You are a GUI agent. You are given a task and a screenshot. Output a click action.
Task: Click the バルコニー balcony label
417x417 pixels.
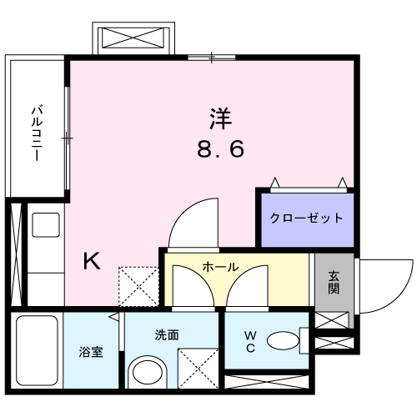[x=37, y=133]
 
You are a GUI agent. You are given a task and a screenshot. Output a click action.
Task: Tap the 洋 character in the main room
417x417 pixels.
[x=220, y=118]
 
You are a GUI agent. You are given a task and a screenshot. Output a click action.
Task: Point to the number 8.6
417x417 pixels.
[x=221, y=148]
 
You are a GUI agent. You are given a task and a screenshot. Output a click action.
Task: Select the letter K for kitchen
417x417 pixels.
[x=92, y=261]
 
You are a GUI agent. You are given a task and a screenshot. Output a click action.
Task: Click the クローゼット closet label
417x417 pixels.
[x=306, y=218]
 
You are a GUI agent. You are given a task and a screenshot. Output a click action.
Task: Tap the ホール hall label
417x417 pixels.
[x=220, y=267]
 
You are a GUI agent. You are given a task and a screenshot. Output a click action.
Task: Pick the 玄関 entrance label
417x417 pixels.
[x=334, y=283]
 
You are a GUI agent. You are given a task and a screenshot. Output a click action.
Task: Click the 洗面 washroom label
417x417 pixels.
[x=167, y=335]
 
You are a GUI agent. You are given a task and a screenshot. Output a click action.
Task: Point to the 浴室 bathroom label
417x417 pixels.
[x=91, y=352]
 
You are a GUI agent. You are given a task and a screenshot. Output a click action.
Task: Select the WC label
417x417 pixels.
[x=250, y=342]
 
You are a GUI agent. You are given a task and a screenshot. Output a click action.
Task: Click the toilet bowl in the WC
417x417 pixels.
[x=283, y=340]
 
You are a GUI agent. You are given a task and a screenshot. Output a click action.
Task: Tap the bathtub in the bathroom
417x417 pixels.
[x=37, y=350]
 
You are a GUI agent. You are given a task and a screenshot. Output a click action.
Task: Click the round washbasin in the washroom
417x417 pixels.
[x=148, y=372]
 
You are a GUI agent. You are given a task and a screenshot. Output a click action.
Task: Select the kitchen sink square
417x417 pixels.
[x=46, y=225]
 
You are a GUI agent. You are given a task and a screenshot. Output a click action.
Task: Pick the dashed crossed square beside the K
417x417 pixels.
[x=138, y=287]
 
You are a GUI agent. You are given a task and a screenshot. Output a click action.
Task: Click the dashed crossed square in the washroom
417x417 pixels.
[x=198, y=369]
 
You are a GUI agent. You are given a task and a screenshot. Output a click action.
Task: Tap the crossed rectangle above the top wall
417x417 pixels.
[x=133, y=38]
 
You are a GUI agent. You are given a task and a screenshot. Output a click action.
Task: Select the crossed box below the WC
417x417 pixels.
[x=267, y=382]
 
